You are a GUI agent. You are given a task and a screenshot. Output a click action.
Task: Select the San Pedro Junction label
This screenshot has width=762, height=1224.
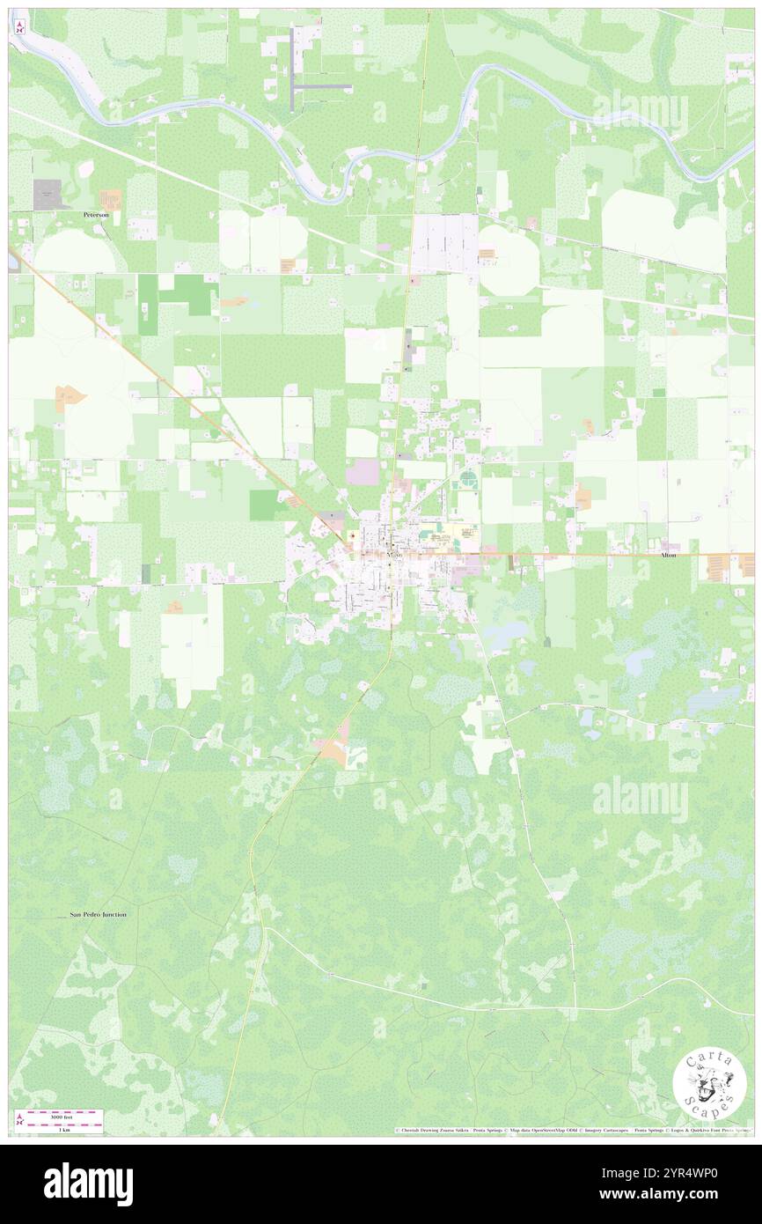coord(99,914)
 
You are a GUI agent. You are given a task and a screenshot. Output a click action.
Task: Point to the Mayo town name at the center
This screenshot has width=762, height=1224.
coord(393,556)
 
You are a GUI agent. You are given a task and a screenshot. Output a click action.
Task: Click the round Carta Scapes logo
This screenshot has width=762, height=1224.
coord(709,1086)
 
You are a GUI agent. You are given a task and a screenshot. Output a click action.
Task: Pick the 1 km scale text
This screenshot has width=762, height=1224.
coord(63,1129)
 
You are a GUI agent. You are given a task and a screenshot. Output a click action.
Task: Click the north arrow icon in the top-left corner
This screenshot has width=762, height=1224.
coord(20,26)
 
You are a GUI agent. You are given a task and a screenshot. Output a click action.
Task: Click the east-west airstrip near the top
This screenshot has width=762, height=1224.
coord(322,87)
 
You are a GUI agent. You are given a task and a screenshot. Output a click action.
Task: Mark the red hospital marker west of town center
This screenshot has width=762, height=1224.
coord(352,535)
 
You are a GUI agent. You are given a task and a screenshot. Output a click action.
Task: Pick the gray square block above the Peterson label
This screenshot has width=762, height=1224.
coord(48,194)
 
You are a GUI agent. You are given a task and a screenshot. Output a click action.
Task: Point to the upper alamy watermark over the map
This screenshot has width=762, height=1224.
coord(640,111)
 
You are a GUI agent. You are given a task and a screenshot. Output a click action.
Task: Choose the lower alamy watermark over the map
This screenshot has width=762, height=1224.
coord(640,798)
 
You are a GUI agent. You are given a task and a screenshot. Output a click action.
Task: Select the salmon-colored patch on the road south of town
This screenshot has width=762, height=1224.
coord(334,747)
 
